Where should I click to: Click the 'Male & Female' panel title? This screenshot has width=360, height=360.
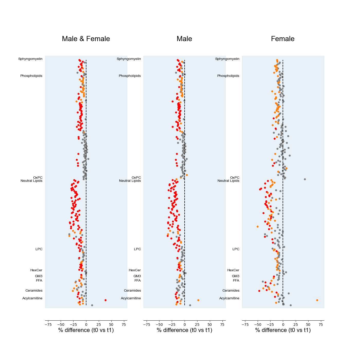pyautogui.click(x=86, y=39)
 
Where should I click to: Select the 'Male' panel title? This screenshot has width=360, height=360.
pyautogui.click(x=184, y=39)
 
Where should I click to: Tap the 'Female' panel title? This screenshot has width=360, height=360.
pyautogui.click(x=283, y=39)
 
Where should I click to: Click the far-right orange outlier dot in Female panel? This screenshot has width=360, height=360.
pyautogui.click(x=317, y=300)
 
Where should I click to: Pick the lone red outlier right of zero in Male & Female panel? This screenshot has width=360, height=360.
pyautogui.click(x=105, y=300)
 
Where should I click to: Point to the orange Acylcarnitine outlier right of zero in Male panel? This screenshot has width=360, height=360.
pyautogui.click(x=198, y=300)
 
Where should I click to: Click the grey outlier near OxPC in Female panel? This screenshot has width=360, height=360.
pyautogui.click(x=305, y=179)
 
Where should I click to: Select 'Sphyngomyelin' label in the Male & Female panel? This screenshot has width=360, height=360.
pyautogui.click(x=30, y=59)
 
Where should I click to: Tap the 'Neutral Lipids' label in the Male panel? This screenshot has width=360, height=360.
pyautogui.click(x=130, y=181)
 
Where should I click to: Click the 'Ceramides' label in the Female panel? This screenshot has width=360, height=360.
pyautogui.click(x=231, y=291)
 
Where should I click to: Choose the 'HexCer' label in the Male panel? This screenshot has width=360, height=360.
pyautogui.click(x=135, y=270)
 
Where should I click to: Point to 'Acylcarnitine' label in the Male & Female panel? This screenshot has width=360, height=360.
pyautogui.click(x=32, y=298)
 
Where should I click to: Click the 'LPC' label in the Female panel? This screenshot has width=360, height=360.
pyautogui.click(x=236, y=249)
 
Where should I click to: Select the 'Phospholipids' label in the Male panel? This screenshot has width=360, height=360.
pyautogui.click(x=130, y=76)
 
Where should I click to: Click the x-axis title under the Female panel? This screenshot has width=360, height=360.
pyautogui.click(x=283, y=330)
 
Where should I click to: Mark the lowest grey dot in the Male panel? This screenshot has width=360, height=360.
pyautogui.click(x=190, y=305)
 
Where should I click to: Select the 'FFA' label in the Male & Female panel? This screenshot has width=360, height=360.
pyautogui.click(x=39, y=281)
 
